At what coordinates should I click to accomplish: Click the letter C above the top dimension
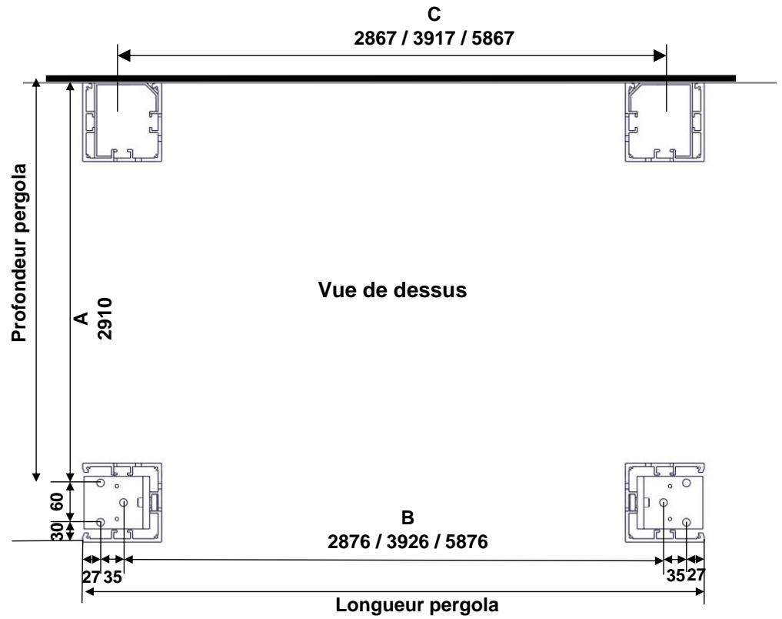click(x=434, y=15)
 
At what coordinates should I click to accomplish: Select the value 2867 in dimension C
click(x=375, y=38)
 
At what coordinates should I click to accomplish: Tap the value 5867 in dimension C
click(x=493, y=38)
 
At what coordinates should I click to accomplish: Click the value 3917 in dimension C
click(x=434, y=38)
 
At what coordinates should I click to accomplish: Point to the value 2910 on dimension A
click(x=105, y=319)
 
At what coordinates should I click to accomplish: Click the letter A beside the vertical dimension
click(x=81, y=319)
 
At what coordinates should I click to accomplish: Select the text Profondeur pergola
click(x=19, y=253)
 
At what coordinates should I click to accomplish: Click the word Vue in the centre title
click(x=338, y=289)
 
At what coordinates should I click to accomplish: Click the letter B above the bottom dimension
click(x=408, y=517)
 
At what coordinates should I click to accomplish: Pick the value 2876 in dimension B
click(x=348, y=542)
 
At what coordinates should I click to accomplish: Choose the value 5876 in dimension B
click(x=466, y=542)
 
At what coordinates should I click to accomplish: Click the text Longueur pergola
click(x=417, y=605)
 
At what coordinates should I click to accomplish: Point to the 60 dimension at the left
click(x=58, y=501)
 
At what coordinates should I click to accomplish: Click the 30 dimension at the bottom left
click(x=58, y=532)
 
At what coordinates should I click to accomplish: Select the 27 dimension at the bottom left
click(x=92, y=577)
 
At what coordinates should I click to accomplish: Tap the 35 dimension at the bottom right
click(x=675, y=576)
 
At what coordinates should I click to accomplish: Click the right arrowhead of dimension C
click(x=660, y=55)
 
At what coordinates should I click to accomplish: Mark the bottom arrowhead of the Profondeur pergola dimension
click(x=36, y=476)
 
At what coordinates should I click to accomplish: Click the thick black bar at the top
click(x=391, y=78)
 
